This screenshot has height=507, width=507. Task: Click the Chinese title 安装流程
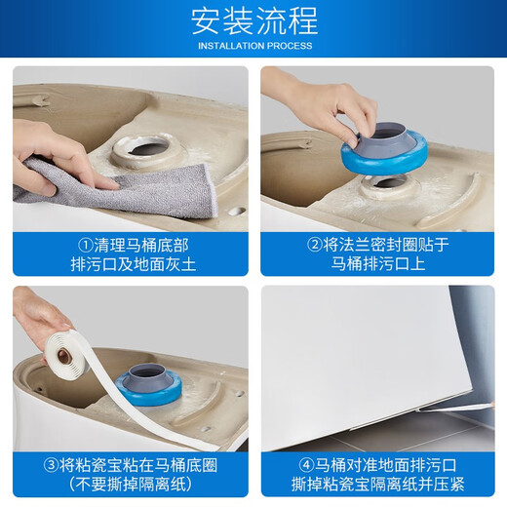[x=254, y=21]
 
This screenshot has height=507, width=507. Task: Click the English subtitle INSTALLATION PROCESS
[x=255, y=46]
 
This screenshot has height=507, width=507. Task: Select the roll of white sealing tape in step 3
[x=66, y=354]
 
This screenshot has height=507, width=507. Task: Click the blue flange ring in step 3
[x=148, y=390]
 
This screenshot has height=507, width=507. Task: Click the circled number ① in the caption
[x=86, y=246]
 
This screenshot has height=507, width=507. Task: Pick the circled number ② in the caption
[x=314, y=245]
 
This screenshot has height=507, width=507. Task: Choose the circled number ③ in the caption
[x=51, y=466]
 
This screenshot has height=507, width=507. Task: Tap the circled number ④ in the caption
[x=306, y=465]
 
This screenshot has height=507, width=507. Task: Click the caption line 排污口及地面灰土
[x=134, y=264]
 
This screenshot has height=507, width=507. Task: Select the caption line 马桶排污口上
[x=378, y=263]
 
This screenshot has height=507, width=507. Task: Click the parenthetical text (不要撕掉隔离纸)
[x=131, y=485]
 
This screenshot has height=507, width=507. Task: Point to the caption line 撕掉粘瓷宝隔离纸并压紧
[x=378, y=485]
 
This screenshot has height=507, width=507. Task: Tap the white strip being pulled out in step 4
[x=455, y=408]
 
